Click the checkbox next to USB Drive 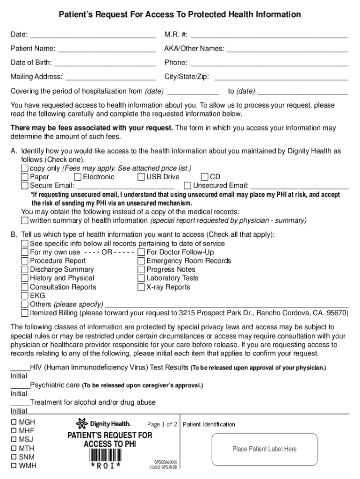141,177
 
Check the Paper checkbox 25,177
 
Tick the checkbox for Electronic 78,177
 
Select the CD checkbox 205,177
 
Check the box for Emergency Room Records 141,261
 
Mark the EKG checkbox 25,296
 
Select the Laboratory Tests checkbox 141,278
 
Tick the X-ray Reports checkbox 141,287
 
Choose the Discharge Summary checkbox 25,270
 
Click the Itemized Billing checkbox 25,313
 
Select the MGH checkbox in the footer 14,422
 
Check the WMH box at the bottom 14,466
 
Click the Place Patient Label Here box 264,449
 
